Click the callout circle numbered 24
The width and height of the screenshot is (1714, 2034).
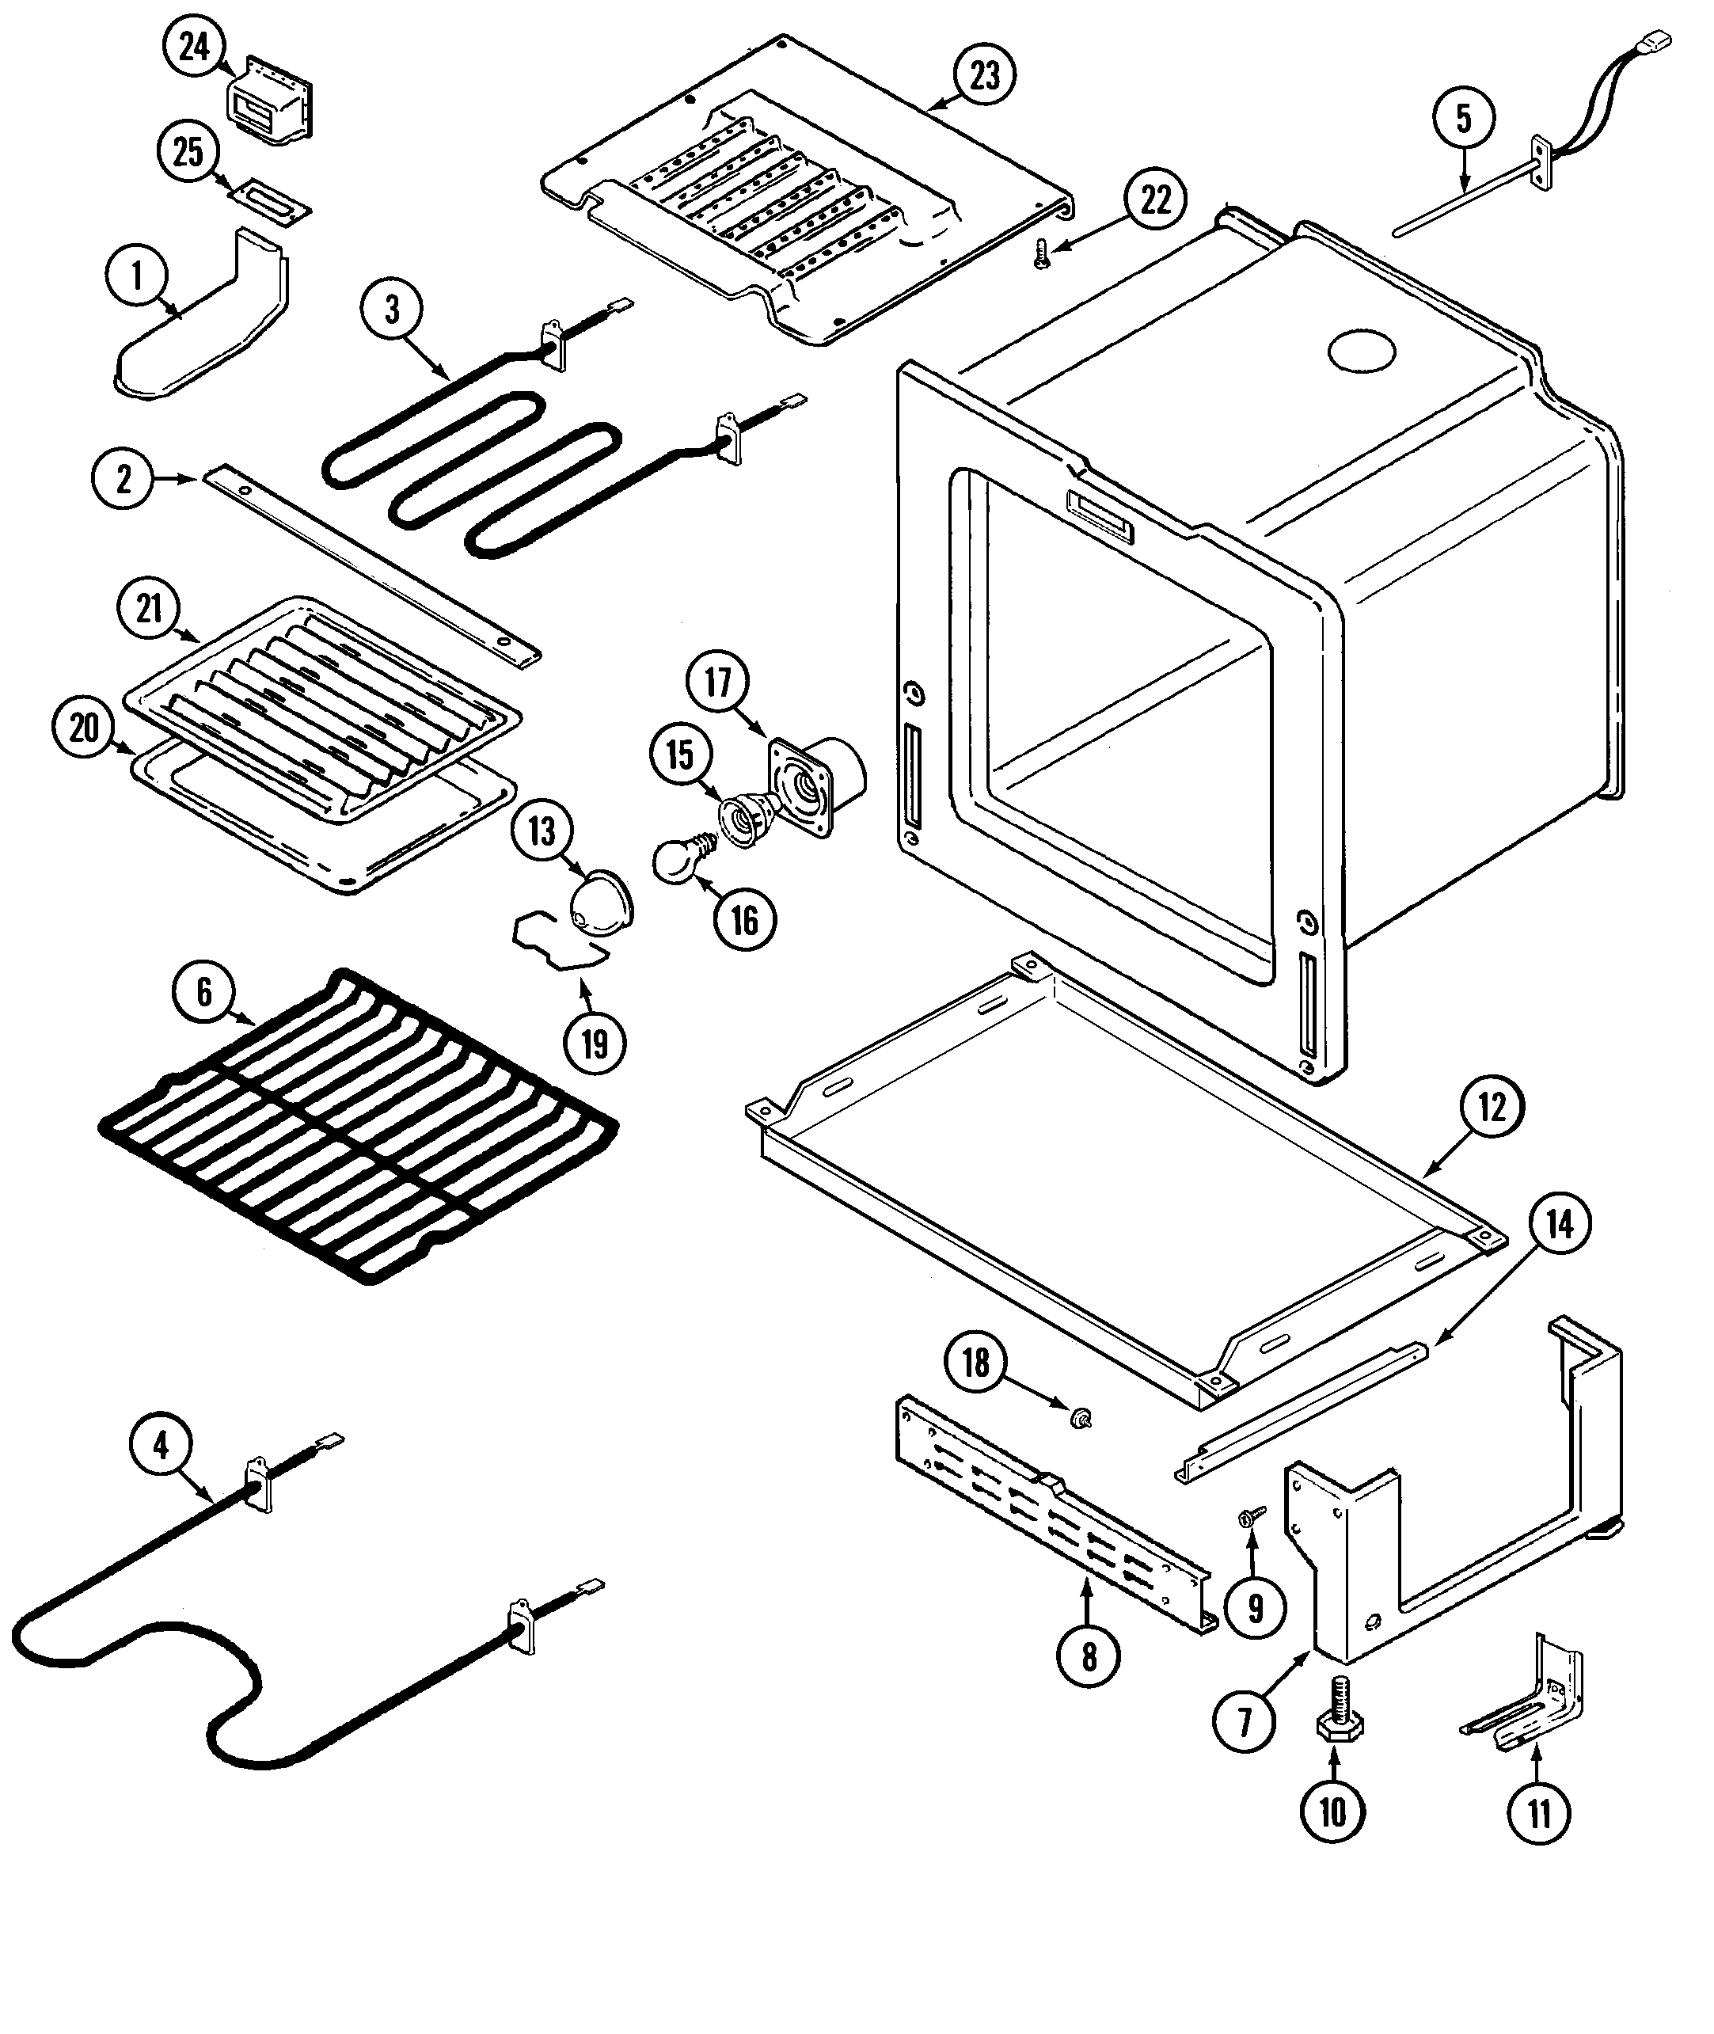196,47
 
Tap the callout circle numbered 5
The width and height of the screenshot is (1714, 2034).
1463,119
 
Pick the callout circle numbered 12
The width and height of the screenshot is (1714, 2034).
1492,1107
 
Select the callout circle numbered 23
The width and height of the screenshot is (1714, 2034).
983,75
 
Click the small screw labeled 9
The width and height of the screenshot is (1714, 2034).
1247,1517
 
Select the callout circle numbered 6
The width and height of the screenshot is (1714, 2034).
204,991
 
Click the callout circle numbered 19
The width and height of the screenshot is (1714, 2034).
595,1044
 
